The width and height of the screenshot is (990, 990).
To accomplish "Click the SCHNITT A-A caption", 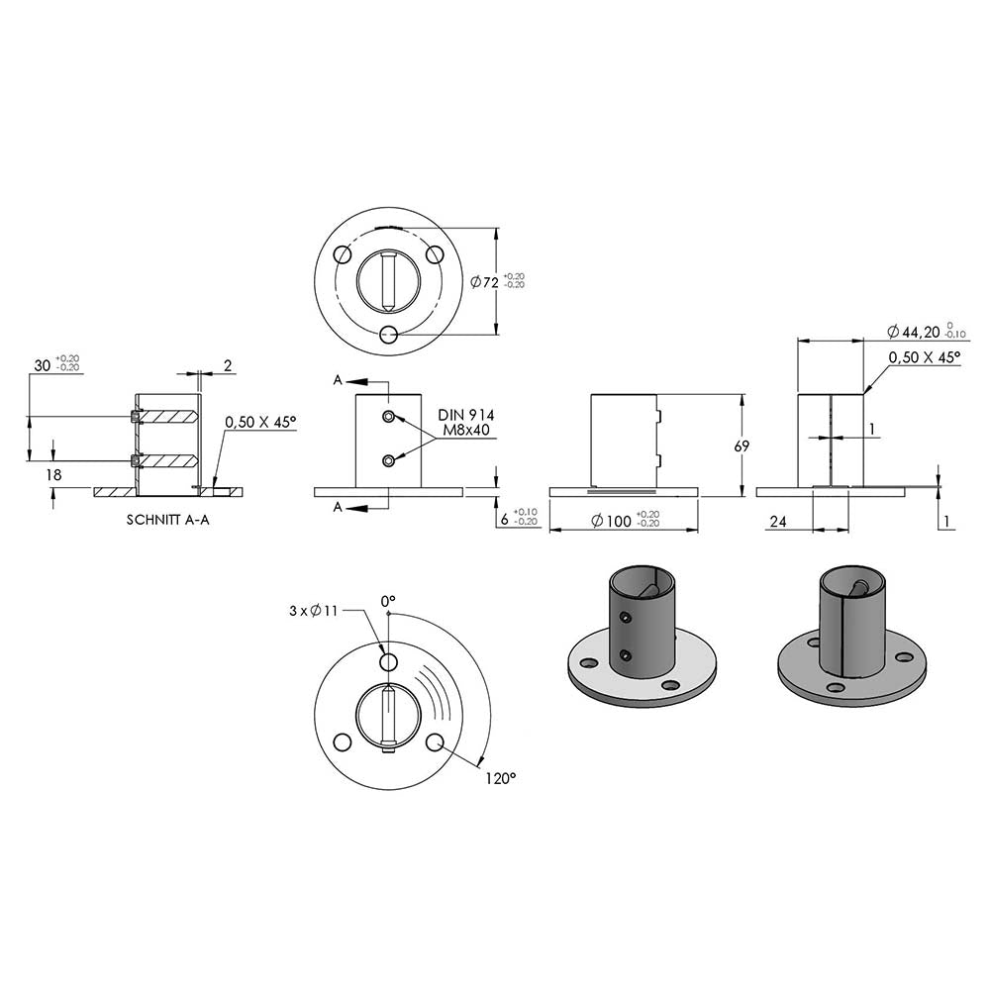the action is pos(168,520).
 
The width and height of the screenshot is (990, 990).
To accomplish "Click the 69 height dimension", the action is pos(742,445).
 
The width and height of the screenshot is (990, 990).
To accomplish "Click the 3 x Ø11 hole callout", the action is pos(314,611).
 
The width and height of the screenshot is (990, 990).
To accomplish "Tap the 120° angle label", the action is pos(501,778).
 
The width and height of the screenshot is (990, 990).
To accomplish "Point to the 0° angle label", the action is pos(388,601).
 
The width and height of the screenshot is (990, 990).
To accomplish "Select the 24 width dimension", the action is pos(778,521).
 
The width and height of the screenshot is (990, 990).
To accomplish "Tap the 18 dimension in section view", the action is pos(53,474).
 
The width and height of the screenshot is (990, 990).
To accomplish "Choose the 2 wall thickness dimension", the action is pos(228,365).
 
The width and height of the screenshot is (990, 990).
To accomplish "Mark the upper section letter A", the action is pos(338,380).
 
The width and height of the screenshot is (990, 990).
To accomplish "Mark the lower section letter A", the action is pos(338,507).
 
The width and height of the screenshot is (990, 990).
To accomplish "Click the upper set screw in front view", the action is pos(389,416).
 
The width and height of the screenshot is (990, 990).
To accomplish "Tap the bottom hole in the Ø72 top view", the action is pos(389,334).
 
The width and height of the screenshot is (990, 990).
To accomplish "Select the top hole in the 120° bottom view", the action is pos(388,661).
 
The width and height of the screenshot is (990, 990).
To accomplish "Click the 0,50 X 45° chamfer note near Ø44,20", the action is pos(925,356).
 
